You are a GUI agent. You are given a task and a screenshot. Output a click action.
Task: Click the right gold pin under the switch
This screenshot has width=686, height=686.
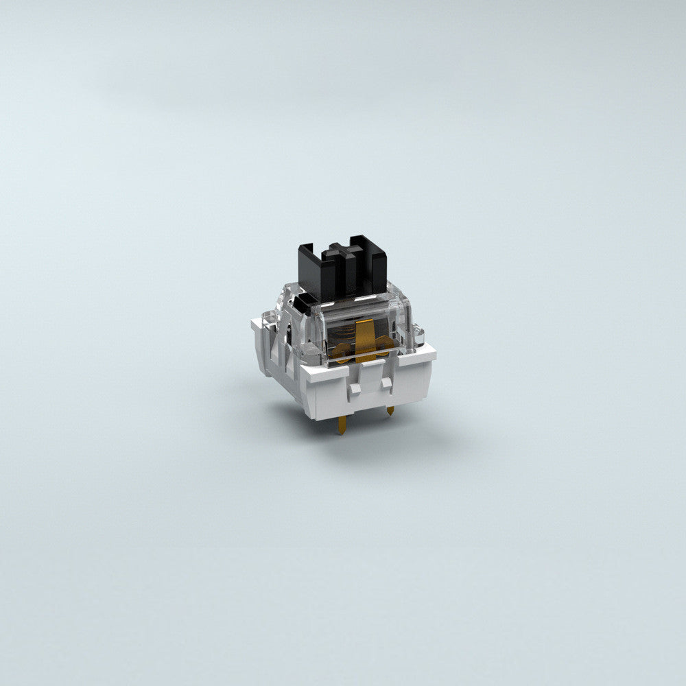[390, 411]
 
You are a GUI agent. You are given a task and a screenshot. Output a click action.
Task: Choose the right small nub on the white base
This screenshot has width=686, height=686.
[387, 382]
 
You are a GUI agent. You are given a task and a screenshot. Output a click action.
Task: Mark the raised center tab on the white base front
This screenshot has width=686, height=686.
[371, 375]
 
